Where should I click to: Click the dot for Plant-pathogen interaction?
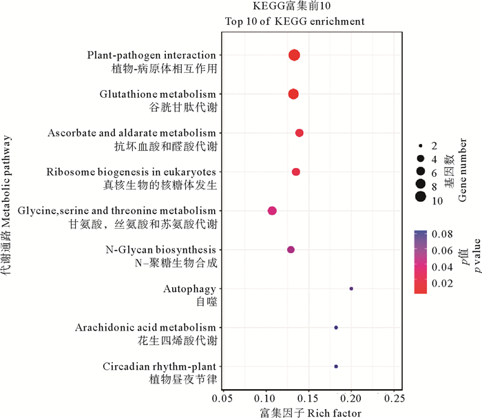coord(294,55)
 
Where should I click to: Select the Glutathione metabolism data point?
coord(293,94)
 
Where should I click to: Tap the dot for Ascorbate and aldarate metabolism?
coord(299,133)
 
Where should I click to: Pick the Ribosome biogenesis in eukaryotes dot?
coord(296,171)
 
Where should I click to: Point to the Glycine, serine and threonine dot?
coord(272,210)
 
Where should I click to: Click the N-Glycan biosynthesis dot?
coord(291,249)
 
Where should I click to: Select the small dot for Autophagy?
coord(351,289)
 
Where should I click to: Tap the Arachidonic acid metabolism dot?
coord(336,327)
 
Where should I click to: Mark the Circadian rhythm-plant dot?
coord(336,366)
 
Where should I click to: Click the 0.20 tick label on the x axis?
coord(351,399)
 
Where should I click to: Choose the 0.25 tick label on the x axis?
coord(393,399)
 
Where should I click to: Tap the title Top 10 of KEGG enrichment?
coord(295,21)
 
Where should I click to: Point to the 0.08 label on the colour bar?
coord(441,235)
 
